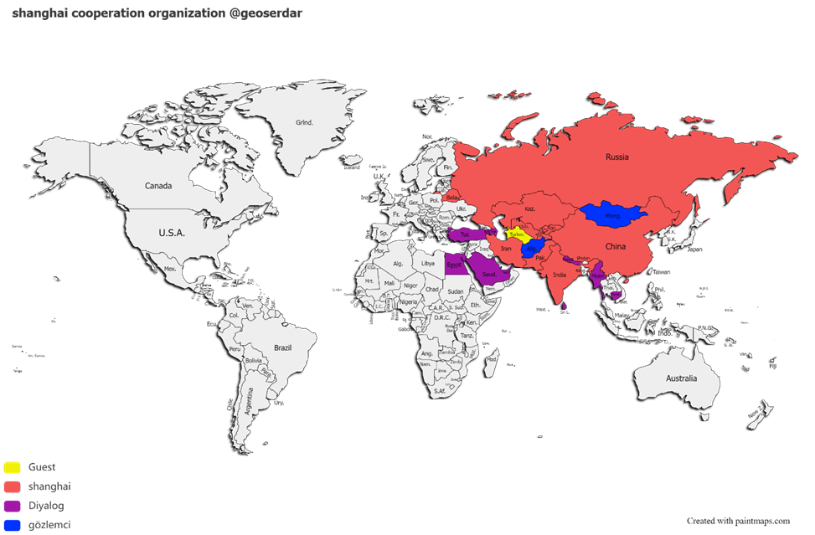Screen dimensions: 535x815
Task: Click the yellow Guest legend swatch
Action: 13,467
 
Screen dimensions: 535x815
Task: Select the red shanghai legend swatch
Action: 13,486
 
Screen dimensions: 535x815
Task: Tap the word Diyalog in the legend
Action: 46,506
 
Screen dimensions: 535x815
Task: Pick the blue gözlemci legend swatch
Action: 13,525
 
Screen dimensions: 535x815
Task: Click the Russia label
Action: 617,157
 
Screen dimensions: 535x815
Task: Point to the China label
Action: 616,247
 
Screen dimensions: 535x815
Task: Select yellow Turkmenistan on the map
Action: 516,235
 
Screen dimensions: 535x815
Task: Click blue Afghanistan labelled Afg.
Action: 531,249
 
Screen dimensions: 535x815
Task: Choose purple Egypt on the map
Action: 455,264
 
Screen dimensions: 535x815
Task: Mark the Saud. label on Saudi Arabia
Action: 490,274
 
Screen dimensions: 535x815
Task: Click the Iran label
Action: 506,249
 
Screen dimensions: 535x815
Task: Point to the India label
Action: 560,275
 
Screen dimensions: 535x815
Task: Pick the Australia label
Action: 681,378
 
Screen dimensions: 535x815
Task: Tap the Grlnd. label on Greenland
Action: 304,122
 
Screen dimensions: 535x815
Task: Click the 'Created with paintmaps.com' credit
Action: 738,521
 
